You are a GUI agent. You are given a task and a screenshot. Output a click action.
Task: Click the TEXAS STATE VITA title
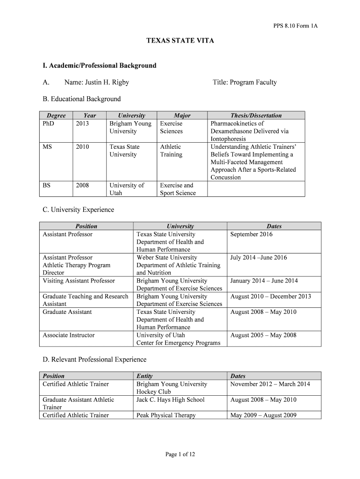click(x=180, y=41)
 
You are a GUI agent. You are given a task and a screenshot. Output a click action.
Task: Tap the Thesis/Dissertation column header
click(x=256, y=116)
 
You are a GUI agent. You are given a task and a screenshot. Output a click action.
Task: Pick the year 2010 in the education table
click(x=82, y=147)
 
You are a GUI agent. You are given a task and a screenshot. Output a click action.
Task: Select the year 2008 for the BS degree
click(x=82, y=185)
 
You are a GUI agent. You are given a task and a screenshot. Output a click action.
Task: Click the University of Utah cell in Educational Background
click(x=127, y=189)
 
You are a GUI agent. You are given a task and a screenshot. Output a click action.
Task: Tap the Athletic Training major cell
click(x=171, y=151)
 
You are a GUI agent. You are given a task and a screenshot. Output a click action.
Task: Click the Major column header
click(x=182, y=116)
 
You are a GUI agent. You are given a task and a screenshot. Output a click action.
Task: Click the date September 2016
click(x=251, y=234)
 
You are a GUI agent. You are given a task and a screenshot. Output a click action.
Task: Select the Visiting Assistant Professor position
click(x=79, y=281)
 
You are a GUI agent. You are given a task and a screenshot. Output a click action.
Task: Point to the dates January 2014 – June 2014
click(x=264, y=281)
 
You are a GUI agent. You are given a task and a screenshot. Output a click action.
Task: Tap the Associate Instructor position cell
click(x=68, y=335)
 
